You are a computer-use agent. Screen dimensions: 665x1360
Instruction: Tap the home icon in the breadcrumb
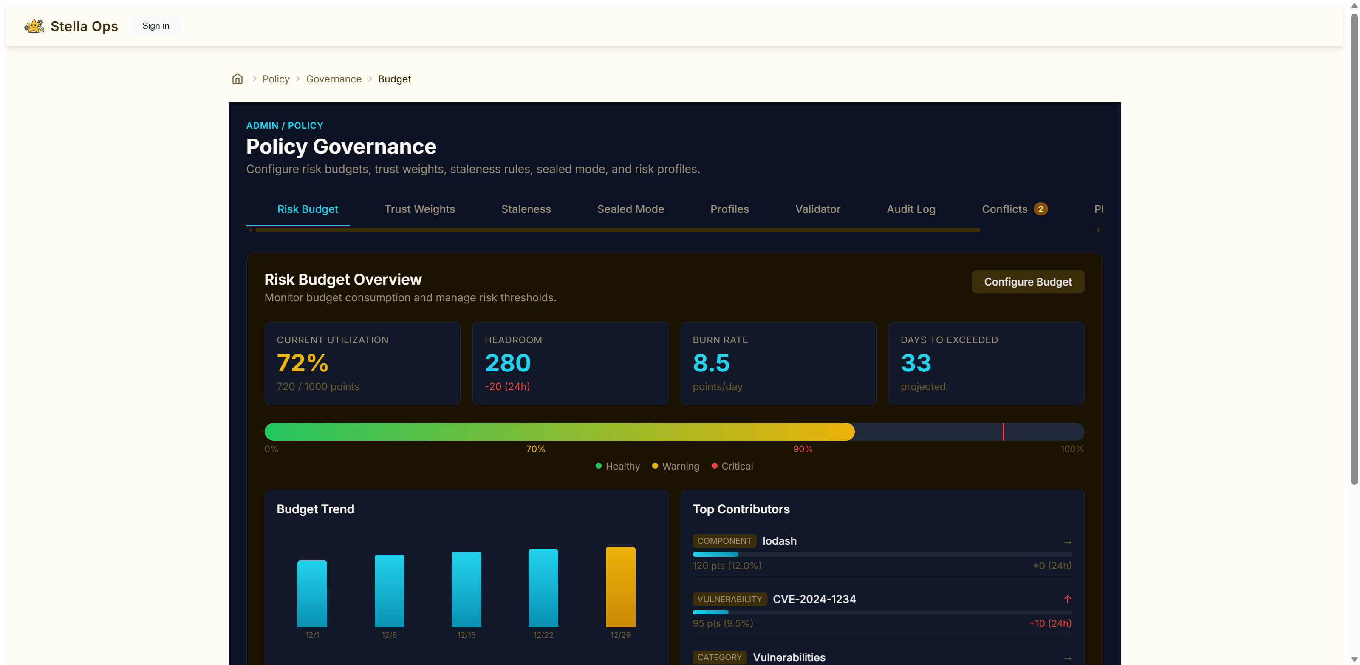click(238, 79)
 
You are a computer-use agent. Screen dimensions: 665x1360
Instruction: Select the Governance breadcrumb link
click(334, 79)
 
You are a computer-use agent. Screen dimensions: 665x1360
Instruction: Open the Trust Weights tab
click(419, 209)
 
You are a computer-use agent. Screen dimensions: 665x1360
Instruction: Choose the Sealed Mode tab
click(631, 209)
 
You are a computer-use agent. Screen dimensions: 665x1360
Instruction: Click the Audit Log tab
click(911, 209)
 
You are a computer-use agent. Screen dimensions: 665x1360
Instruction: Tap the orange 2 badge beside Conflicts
click(1040, 209)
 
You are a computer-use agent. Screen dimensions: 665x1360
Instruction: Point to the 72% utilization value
click(303, 363)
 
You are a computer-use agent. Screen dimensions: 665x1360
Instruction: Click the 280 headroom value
click(507, 363)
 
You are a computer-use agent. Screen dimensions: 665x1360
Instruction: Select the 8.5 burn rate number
click(711, 363)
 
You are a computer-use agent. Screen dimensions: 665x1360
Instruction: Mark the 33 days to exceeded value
click(916, 363)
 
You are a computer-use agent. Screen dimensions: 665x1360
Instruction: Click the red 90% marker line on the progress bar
click(1003, 432)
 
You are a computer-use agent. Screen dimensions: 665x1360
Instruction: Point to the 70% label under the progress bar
click(535, 449)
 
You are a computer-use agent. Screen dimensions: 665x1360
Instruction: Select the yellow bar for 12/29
click(620, 587)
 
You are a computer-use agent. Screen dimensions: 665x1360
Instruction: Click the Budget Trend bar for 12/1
click(312, 594)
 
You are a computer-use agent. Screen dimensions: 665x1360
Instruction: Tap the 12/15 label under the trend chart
click(466, 635)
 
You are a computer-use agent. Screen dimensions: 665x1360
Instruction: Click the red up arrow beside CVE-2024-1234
click(1067, 599)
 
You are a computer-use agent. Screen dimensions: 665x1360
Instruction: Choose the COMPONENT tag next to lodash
click(724, 541)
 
